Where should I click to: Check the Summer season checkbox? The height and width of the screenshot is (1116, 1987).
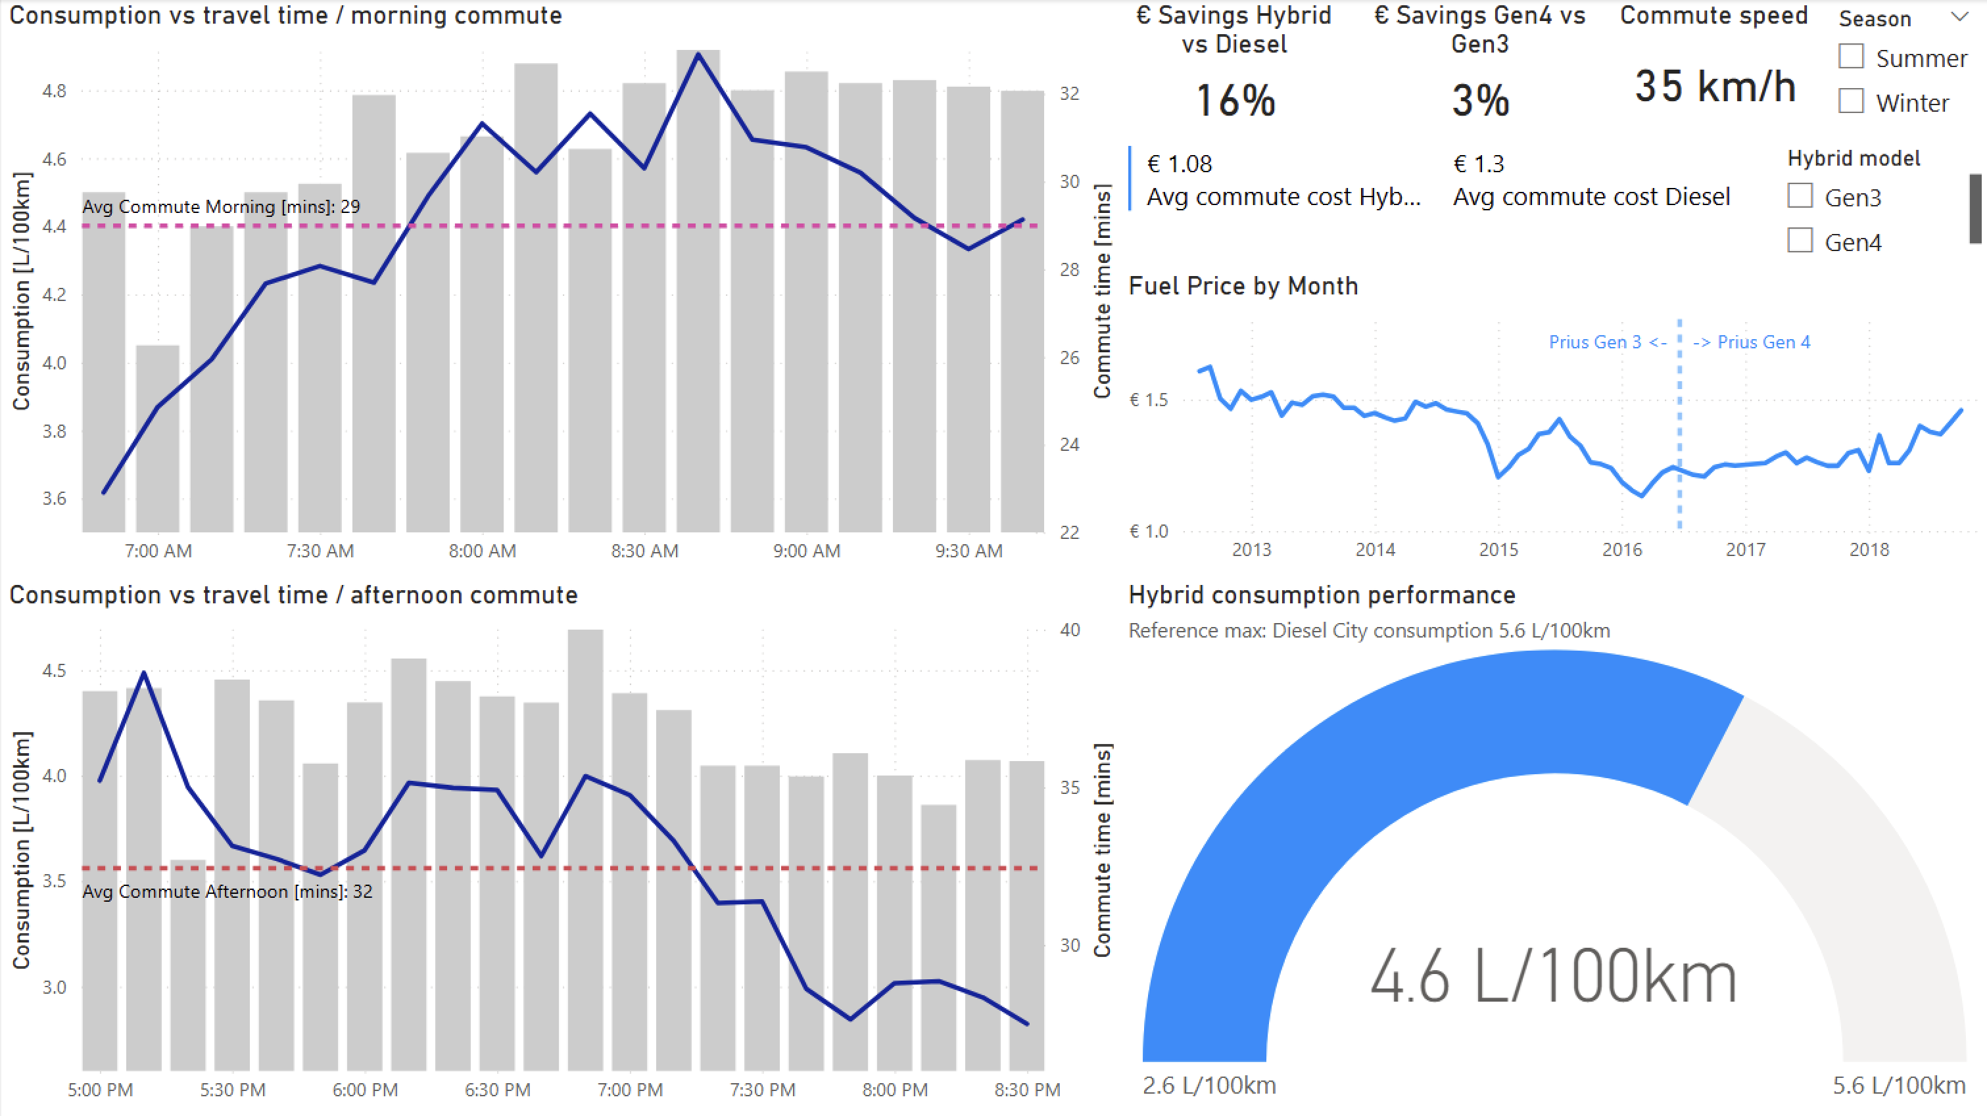(1850, 57)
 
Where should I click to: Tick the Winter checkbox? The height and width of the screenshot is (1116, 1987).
(1850, 102)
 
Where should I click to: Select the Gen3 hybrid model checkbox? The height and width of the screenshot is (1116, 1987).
(1800, 197)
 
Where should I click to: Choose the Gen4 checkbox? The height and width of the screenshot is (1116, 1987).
(1800, 241)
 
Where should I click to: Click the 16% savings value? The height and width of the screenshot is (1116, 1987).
(1235, 101)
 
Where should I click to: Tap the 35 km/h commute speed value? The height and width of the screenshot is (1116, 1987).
(1715, 86)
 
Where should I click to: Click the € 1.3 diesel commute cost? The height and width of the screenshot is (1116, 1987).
(1478, 164)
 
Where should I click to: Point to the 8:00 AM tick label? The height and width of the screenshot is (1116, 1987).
(482, 551)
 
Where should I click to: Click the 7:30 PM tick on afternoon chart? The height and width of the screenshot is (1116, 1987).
(762, 1090)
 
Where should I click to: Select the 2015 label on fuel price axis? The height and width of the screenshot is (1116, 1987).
(1498, 550)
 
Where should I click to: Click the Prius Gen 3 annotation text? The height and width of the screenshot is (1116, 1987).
(1607, 342)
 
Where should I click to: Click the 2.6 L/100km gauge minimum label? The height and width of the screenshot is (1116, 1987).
(1209, 1086)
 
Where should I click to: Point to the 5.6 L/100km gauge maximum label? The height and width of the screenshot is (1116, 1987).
(1898, 1086)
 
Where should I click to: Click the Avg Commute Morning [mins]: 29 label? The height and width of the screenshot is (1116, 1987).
(221, 206)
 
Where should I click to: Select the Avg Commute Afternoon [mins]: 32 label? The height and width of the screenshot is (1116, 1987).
(227, 892)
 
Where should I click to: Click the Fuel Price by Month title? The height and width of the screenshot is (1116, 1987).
(1243, 286)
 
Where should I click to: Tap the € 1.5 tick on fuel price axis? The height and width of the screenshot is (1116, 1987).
(1149, 400)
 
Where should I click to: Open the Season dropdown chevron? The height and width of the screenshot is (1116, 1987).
(1959, 17)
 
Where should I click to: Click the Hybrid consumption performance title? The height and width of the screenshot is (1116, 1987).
(1322, 595)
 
